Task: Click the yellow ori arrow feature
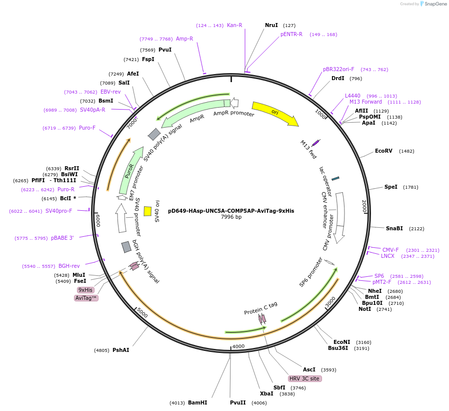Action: coord(274,113)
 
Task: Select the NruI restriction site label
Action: coord(271,25)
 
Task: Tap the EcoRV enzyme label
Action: coord(384,151)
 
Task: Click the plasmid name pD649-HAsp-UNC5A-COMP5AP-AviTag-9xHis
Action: coord(231,211)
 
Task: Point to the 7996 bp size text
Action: coord(231,217)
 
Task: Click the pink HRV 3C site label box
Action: coord(304,378)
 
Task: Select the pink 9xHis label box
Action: coord(85,290)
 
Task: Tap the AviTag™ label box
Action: coord(86,298)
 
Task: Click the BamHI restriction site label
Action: coord(197,402)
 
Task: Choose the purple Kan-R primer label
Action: coord(234,25)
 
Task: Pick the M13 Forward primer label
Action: coord(365,102)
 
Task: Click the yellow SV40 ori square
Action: coord(147,211)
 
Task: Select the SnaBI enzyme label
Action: coord(394,228)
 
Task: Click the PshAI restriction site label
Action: coord(120,350)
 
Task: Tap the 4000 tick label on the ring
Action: coord(238,346)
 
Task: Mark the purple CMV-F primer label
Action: coord(390,250)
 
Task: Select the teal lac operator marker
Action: coord(335,178)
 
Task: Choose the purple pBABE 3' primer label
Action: coord(62,238)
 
